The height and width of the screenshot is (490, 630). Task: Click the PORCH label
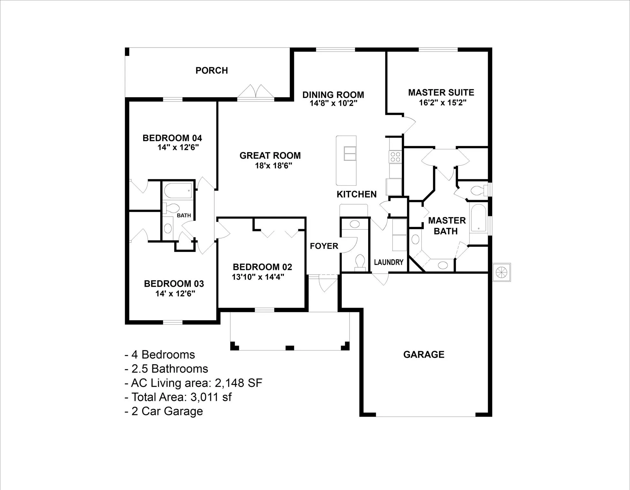tap(211, 70)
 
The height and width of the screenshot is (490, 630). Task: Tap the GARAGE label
tap(424, 354)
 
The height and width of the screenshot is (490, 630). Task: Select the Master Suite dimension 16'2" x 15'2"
tap(442, 103)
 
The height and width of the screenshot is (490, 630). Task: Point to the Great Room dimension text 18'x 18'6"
tap(273, 166)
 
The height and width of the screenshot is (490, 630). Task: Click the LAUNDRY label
tap(389, 262)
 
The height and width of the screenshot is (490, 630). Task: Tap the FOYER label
tap(324, 246)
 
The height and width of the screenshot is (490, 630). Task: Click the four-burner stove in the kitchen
tap(396, 157)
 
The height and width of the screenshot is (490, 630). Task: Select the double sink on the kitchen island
tap(350, 153)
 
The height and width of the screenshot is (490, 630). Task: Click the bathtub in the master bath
tap(478, 218)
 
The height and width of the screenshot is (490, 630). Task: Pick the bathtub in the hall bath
tap(178, 190)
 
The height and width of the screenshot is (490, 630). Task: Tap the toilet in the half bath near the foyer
tap(360, 262)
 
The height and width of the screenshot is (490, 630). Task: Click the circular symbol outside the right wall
tap(501, 272)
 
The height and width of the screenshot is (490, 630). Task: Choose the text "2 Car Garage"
tap(167, 411)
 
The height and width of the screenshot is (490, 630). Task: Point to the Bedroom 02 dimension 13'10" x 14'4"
tap(258, 277)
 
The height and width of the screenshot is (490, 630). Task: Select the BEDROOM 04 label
tap(172, 138)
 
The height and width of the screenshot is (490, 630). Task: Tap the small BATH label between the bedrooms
tap(184, 215)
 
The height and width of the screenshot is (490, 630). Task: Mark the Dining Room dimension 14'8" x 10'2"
tap(333, 103)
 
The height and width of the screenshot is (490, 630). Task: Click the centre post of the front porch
tap(290, 348)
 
